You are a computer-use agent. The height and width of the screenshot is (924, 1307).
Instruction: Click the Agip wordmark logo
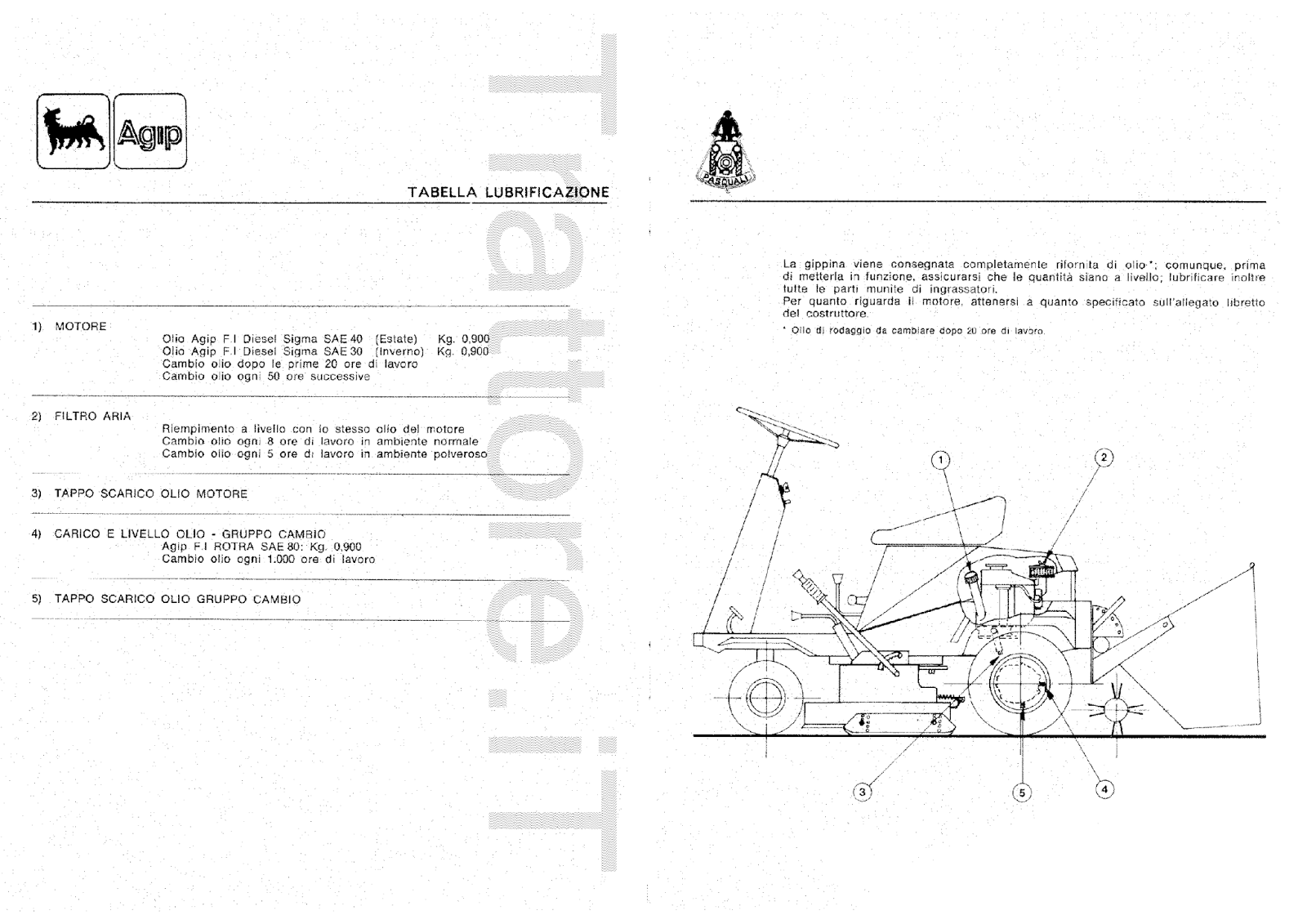[x=149, y=132]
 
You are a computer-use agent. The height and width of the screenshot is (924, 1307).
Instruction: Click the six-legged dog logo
[x=73, y=131]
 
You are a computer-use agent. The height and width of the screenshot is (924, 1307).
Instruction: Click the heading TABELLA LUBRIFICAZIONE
[x=508, y=193]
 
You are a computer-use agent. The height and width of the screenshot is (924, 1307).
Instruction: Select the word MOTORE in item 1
[x=80, y=327]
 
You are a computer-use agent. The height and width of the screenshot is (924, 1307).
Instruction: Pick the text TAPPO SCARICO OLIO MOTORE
[x=150, y=494]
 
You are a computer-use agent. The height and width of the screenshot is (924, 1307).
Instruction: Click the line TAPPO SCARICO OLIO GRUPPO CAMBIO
[x=177, y=600]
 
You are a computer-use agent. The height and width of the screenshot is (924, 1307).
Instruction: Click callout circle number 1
[x=941, y=461]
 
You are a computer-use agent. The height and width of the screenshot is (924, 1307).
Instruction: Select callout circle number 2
[x=1104, y=458]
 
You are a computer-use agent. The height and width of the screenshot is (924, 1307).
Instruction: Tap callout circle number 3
[x=863, y=791]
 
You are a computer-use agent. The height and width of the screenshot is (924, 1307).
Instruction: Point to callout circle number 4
[x=1104, y=788]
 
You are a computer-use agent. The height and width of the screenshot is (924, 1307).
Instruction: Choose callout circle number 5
[x=1021, y=792]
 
